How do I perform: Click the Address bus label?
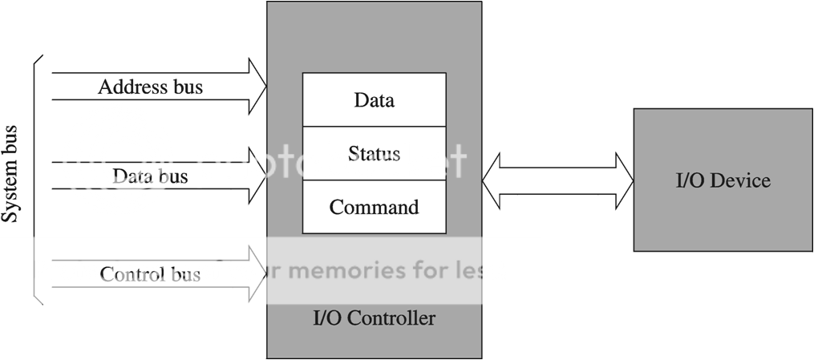[x=150, y=87]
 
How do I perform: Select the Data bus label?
[x=150, y=176]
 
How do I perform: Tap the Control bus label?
[x=150, y=275]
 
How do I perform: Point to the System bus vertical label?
[x=10, y=174]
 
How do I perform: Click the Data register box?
[x=374, y=100]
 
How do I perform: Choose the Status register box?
[x=374, y=153]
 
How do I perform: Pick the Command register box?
[x=374, y=207]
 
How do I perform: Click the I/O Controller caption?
[x=374, y=318]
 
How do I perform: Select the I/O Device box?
[x=723, y=180]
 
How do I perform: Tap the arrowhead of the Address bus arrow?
[x=257, y=87]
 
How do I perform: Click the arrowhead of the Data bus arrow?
[x=257, y=176]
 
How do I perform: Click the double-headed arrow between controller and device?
[x=557, y=180]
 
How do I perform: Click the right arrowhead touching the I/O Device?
[x=624, y=180]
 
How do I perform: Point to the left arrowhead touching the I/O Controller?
[x=492, y=180]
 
